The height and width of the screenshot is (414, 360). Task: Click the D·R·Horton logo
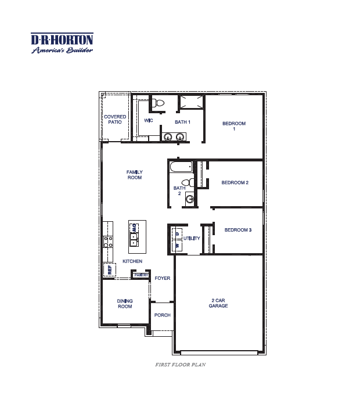[62, 43]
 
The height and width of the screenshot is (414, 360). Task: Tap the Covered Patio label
[115, 120]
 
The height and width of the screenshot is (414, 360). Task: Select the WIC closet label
[148, 121]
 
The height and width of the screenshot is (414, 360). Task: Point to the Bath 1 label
[182, 122]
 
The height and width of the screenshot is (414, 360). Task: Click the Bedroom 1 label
[234, 126]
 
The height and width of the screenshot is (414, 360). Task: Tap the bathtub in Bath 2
[181, 167]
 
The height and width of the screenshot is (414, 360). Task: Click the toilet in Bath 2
[186, 182]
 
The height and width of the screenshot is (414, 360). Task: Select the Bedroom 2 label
[235, 183]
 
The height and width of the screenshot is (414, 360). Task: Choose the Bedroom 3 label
[238, 231]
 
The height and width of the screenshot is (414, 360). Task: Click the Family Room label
[135, 175]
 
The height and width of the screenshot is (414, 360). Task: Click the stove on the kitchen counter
[108, 242]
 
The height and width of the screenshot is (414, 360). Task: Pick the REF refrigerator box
[109, 269]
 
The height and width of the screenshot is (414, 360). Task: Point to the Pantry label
[142, 275]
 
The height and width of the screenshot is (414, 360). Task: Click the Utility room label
[192, 239]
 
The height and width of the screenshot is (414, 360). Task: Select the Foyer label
[163, 278]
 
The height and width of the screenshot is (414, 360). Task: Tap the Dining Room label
[125, 304]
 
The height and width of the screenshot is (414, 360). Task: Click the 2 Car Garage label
[218, 303]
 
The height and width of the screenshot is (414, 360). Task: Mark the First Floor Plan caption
[181, 365]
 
